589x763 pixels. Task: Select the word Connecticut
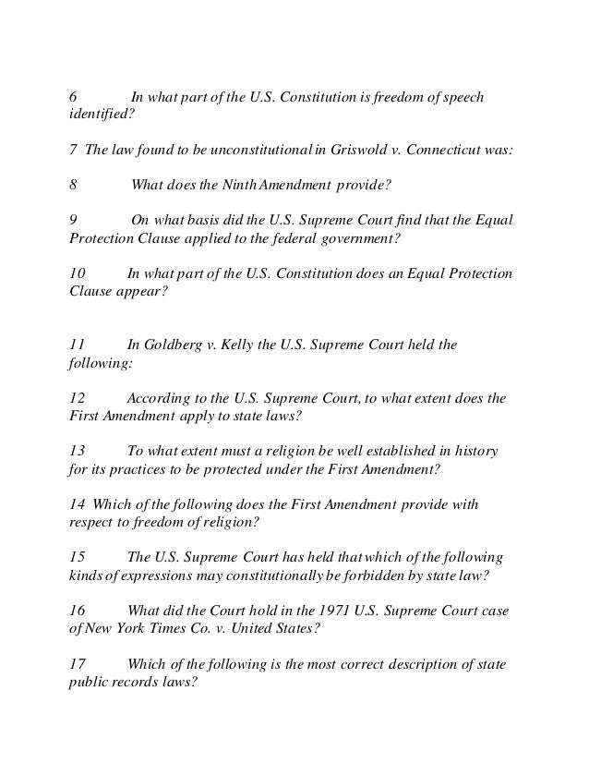(445, 150)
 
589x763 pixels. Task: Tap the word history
(475, 452)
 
